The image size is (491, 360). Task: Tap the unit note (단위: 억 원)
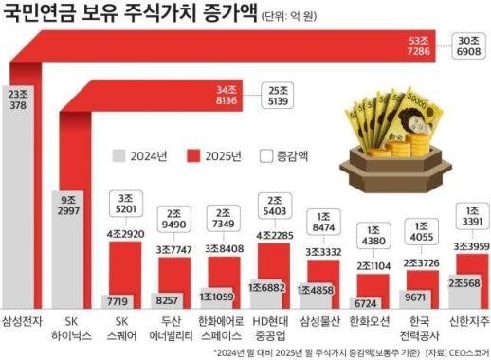tap(299, 16)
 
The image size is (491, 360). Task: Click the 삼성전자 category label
tap(24, 322)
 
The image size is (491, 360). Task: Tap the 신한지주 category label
tap(467, 322)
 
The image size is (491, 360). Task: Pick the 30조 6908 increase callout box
tap(466, 46)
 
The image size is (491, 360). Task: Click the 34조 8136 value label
tap(230, 96)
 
